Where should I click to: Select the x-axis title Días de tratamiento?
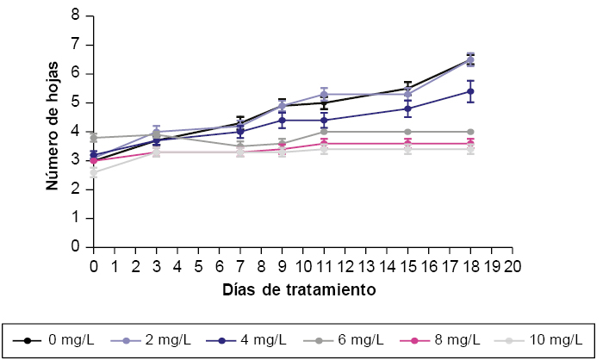coord(300,290)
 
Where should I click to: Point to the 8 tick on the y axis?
coord(76,16)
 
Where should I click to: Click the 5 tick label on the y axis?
coord(76,102)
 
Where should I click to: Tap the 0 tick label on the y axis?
coord(76,247)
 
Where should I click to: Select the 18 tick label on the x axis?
coord(470,265)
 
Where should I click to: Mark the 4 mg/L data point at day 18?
coord(470,90)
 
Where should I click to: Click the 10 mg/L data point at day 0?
coord(94,172)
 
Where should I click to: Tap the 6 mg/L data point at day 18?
coord(470,132)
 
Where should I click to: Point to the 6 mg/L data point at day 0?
coord(94,137)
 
